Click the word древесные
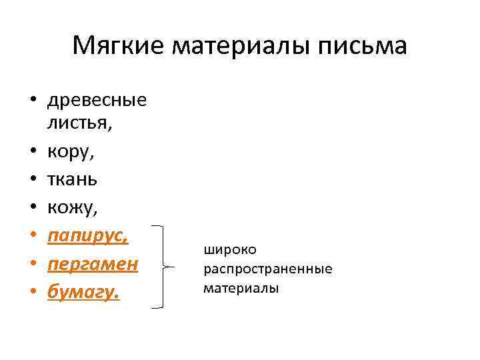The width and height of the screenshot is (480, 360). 97,101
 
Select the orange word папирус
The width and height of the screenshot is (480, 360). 87,237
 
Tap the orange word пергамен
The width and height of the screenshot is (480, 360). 93,265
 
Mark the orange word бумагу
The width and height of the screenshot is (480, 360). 84,293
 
